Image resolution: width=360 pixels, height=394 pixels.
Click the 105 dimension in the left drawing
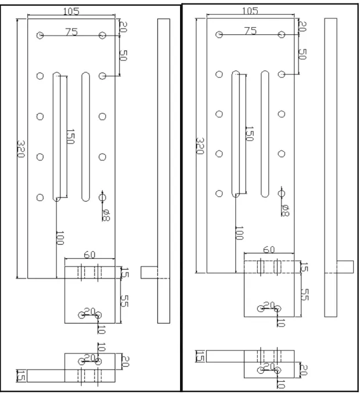(x=71, y=11)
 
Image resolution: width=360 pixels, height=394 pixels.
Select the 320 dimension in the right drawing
(x=200, y=146)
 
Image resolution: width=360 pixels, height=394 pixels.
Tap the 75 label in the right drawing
(x=250, y=31)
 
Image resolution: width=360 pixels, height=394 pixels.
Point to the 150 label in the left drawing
(x=70, y=137)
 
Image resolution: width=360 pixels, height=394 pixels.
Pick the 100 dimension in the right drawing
(x=239, y=233)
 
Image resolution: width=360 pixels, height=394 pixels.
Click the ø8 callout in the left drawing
(x=106, y=216)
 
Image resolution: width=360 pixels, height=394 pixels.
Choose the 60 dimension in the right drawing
(x=269, y=249)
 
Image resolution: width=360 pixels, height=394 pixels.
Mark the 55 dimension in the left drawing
(x=124, y=301)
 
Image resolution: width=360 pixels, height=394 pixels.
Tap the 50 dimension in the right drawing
(x=303, y=54)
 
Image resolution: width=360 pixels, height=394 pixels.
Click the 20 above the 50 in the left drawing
(x=123, y=27)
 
